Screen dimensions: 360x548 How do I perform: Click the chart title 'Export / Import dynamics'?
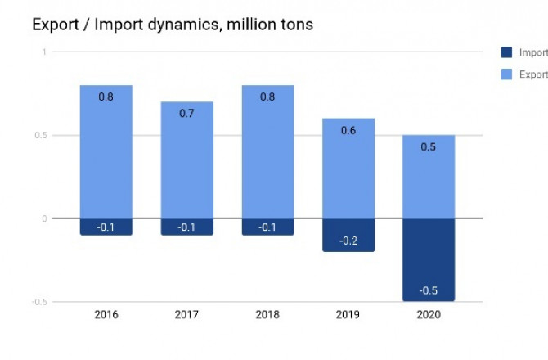172,25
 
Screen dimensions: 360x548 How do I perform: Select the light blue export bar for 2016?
106,155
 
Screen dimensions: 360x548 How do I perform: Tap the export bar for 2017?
186,164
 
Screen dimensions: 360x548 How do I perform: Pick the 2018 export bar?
267,155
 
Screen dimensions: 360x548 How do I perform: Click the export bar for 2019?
348,172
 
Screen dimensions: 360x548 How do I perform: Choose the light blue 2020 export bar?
429,180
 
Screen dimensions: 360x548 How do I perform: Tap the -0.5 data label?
429,290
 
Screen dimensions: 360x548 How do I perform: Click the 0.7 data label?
186,113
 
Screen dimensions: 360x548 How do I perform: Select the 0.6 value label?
348,130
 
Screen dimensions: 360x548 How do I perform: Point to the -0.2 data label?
348,241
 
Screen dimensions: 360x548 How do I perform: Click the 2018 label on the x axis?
267,314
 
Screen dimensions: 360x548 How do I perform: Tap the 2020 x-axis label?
429,314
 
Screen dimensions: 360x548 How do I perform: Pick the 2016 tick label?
106,314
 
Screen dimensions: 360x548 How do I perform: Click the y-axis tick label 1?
43,52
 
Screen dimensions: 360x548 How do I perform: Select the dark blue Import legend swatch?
506,52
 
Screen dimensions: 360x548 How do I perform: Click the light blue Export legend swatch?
506,74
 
